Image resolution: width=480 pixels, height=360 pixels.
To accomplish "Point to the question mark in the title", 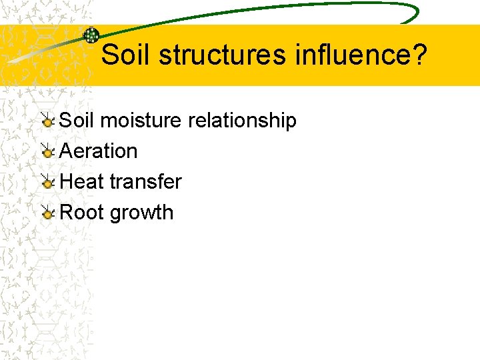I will click(x=419, y=55).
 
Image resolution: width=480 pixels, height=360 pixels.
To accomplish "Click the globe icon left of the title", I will click(x=91, y=35).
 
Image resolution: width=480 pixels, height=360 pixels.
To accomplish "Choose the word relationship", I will click(x=242, y=121).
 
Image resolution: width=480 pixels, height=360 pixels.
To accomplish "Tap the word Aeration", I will click(x=99, y=151).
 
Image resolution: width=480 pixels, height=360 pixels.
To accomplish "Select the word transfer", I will click(x=145, y=181).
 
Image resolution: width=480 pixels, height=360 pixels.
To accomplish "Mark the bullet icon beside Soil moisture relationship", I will click(x=48, y=121).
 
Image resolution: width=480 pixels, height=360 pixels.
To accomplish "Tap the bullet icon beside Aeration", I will click(x=48, y=152).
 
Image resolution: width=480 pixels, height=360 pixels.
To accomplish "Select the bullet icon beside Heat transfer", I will click(x=48, y=183).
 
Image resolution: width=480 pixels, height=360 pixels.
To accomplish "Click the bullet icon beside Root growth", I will click(x=48, y=213).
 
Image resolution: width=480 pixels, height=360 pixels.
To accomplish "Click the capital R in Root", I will click(x=66, y=213).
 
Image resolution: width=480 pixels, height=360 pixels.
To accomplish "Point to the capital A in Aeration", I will click(x=66, y=151).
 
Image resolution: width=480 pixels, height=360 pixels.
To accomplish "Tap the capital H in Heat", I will click(x=67, y=181).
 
